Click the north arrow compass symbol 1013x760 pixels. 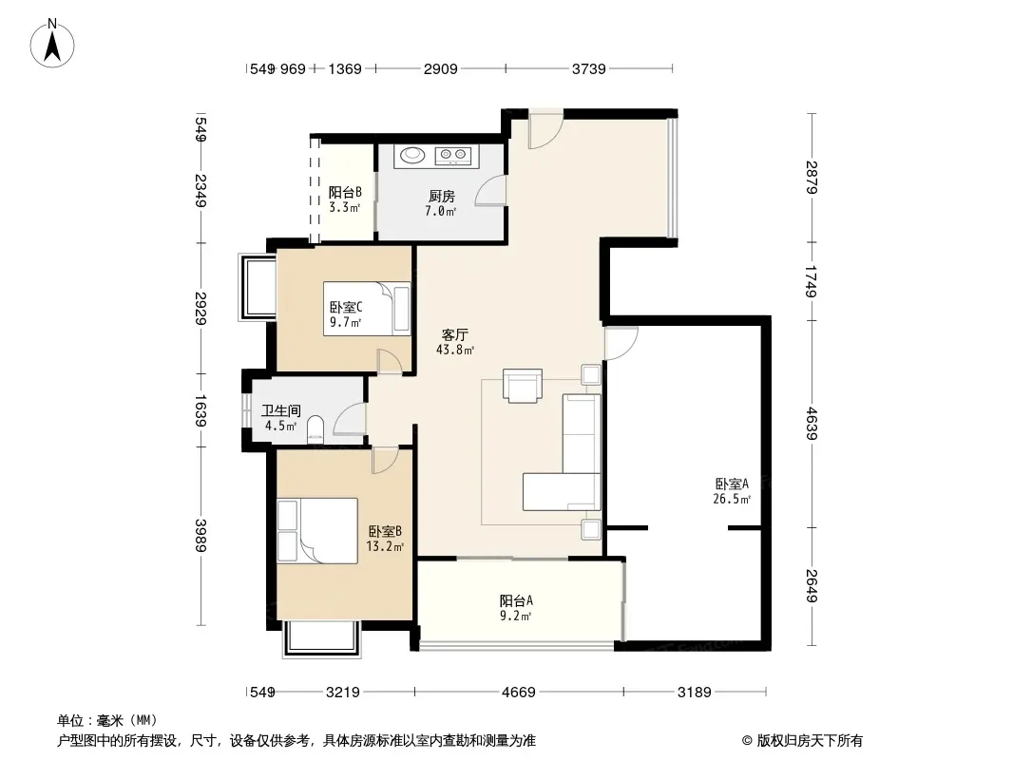52,44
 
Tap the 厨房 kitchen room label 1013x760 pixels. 441,196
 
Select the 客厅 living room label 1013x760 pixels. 455,334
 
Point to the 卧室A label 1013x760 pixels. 732,484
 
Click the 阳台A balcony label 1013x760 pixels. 516,600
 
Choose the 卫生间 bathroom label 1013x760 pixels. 281,410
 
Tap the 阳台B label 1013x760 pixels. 345,192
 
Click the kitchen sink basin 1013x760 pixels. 411,154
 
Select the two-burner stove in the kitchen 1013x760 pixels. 452,154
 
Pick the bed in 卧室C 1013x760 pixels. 367,309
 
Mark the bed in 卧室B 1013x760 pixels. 317,531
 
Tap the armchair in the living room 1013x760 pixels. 523,386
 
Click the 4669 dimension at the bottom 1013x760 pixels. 519,693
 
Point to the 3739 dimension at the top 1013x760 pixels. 588,68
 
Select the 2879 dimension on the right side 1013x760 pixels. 812,177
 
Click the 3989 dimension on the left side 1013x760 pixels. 201,535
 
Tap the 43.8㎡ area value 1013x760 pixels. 455,350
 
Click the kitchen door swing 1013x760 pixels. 489,191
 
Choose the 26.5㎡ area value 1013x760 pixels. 732,499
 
